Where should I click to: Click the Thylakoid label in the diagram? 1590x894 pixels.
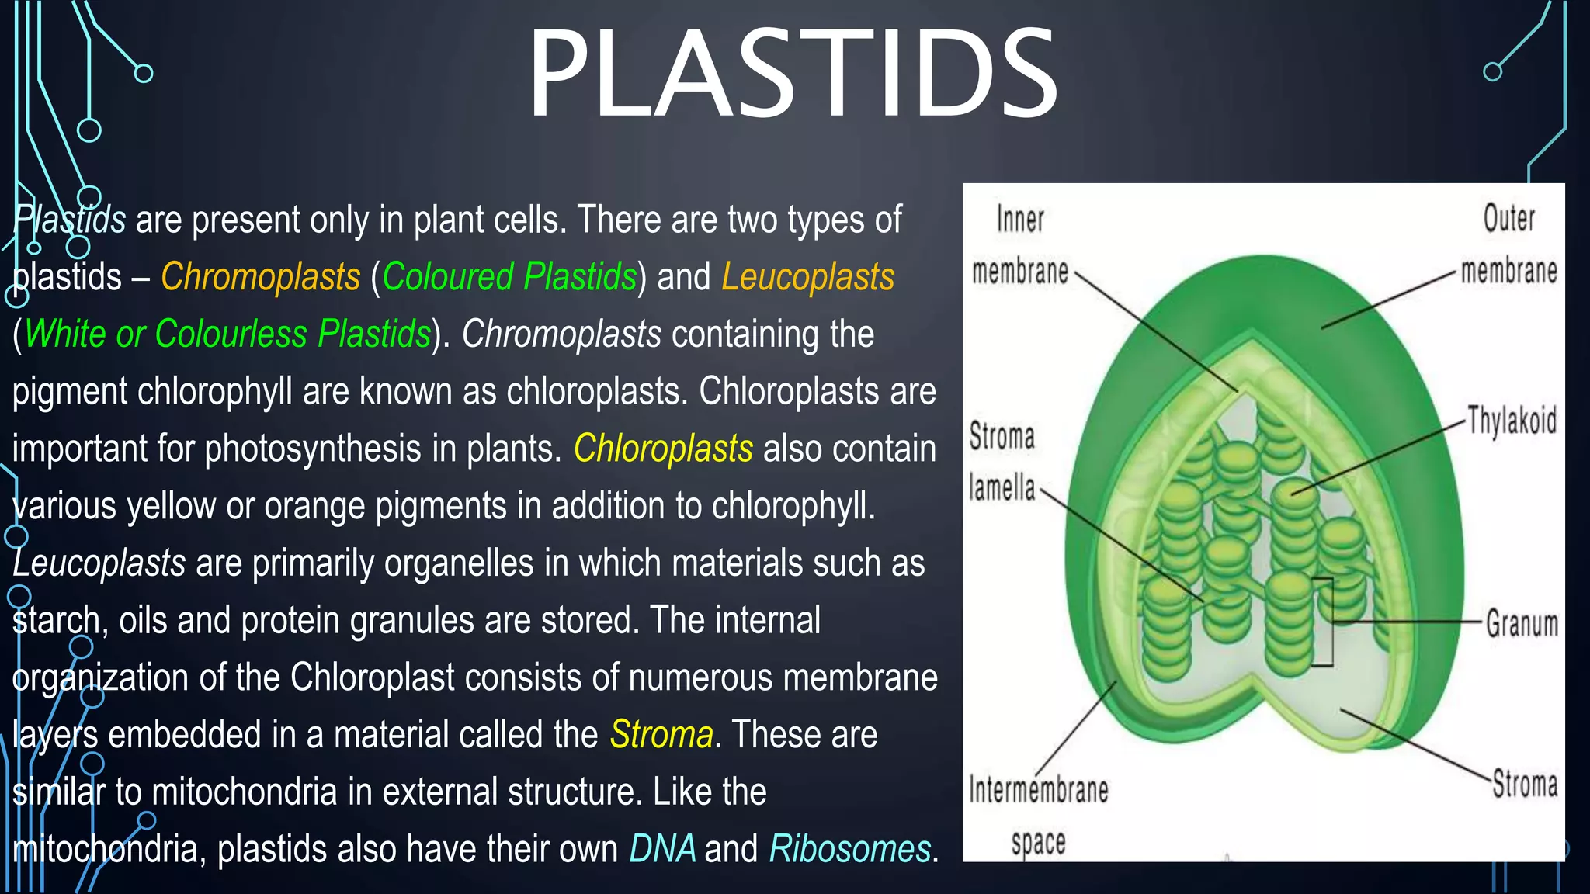pyautogui.click(x=1512, y=421)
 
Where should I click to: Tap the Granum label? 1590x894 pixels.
pyautogui.click(x=1522, y=624)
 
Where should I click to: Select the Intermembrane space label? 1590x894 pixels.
pyautogui.click(x=1038, y=815)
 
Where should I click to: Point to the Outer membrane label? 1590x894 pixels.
pyautogui.click(x=1508, y=244)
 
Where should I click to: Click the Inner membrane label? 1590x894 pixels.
pyautogui.click(x=1020, y=244)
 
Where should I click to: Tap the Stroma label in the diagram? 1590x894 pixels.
pyautogui.click(x=1525, y=785)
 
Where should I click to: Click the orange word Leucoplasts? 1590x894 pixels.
pyautogui.click(x=807, y=277)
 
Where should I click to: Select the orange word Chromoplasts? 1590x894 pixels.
pyautogui.click(x=260, y=277)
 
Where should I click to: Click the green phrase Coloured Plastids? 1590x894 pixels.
pyautogui.click(x=509, y=277)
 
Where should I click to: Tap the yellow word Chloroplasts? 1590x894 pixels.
pyautogui.click(x=663, y=449)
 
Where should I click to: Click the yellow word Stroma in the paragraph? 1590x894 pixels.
pyautogui.click(x=661, y=735)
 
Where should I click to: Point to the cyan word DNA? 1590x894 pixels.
pyautogui.click(x=662, y=849)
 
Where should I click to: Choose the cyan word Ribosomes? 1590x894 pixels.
pyautogui.click(x=849, y=849)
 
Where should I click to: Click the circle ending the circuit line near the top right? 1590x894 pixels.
pyautogui.click(x=1492, y=72)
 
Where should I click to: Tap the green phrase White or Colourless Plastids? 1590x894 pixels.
pyautogui.click(x=227, y=334)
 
